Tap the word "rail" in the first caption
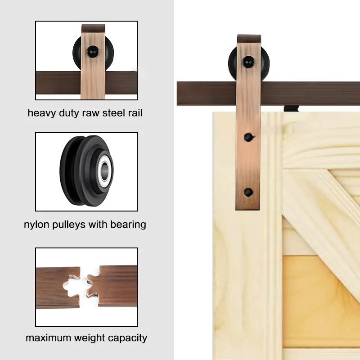coord(135,113)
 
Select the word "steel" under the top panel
coord(114,113)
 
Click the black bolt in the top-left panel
coord(93,52)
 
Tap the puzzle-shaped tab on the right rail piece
coord(93,285)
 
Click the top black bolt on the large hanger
coord(249,62)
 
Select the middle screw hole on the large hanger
coord(249,137)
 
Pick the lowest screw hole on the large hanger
coord(249,192)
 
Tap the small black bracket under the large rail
coord(292,108)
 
